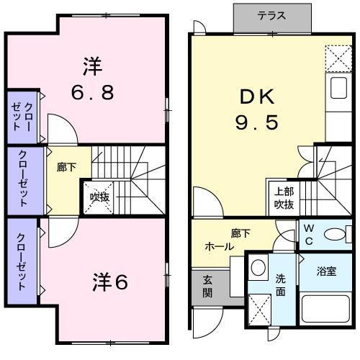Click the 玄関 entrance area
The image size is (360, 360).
coord(207,286)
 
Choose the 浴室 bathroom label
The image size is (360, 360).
coord(325,271)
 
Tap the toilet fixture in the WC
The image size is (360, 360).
coord(335,235)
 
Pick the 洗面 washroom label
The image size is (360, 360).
coord(282,286)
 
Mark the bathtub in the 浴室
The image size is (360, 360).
coord(325,308)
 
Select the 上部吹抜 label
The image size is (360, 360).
coord(284,197)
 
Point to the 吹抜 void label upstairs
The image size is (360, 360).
coord(99,197)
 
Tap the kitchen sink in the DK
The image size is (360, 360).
coord(337,87)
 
